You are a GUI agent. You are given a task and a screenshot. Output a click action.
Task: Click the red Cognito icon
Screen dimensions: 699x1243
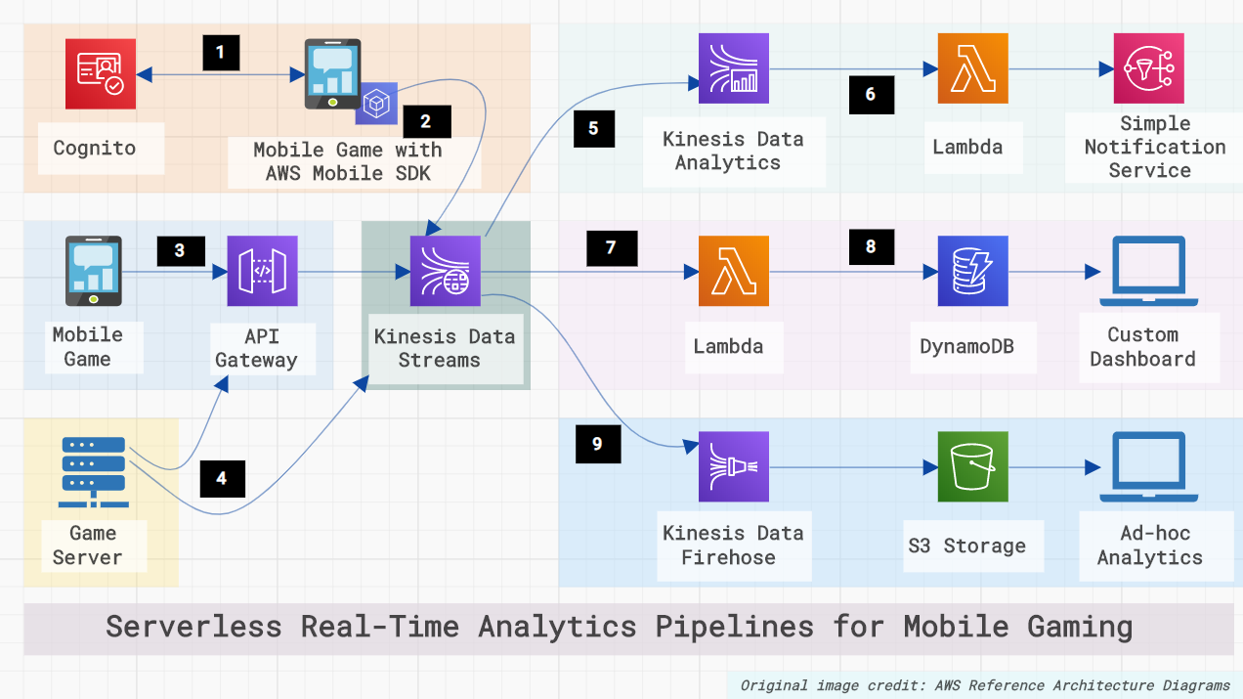[101, 74]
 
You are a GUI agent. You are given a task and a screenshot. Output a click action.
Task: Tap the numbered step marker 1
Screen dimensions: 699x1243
[221, 53]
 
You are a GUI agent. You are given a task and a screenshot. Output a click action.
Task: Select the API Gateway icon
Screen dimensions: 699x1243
[262, 271]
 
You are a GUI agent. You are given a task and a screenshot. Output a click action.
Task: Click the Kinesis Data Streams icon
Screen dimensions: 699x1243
[446, 271]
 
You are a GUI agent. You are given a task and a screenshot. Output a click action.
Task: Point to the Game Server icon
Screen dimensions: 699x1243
[93, 472]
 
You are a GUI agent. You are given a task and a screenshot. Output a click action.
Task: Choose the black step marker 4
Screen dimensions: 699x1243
[222, 478]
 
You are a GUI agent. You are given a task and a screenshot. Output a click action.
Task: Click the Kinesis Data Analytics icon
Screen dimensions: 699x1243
[733, 68]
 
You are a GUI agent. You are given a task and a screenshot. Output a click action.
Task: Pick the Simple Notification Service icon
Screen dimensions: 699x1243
[1148, 68]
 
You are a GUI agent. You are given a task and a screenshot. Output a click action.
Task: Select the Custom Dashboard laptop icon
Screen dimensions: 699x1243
[1142, 271]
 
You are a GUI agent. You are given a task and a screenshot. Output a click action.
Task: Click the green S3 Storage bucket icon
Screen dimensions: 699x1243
[971, 467]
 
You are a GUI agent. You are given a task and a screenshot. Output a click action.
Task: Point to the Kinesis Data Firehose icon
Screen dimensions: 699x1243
[733, 467]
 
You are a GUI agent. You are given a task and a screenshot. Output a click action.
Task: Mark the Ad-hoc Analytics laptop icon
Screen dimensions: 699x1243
[1142, 467]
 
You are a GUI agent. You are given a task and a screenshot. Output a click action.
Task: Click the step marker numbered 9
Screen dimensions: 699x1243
[597, 444]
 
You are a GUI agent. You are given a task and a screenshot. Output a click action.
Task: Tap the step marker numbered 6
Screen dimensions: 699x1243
[870, 95]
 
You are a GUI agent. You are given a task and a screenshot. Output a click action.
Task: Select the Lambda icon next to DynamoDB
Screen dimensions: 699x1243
[733, 271]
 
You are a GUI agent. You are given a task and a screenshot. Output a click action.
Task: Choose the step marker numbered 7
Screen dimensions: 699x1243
[611, 247]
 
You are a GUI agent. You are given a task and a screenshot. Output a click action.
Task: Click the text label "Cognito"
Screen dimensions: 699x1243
[95, 149]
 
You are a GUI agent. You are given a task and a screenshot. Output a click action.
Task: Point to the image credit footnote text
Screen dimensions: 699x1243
[985, 685]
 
